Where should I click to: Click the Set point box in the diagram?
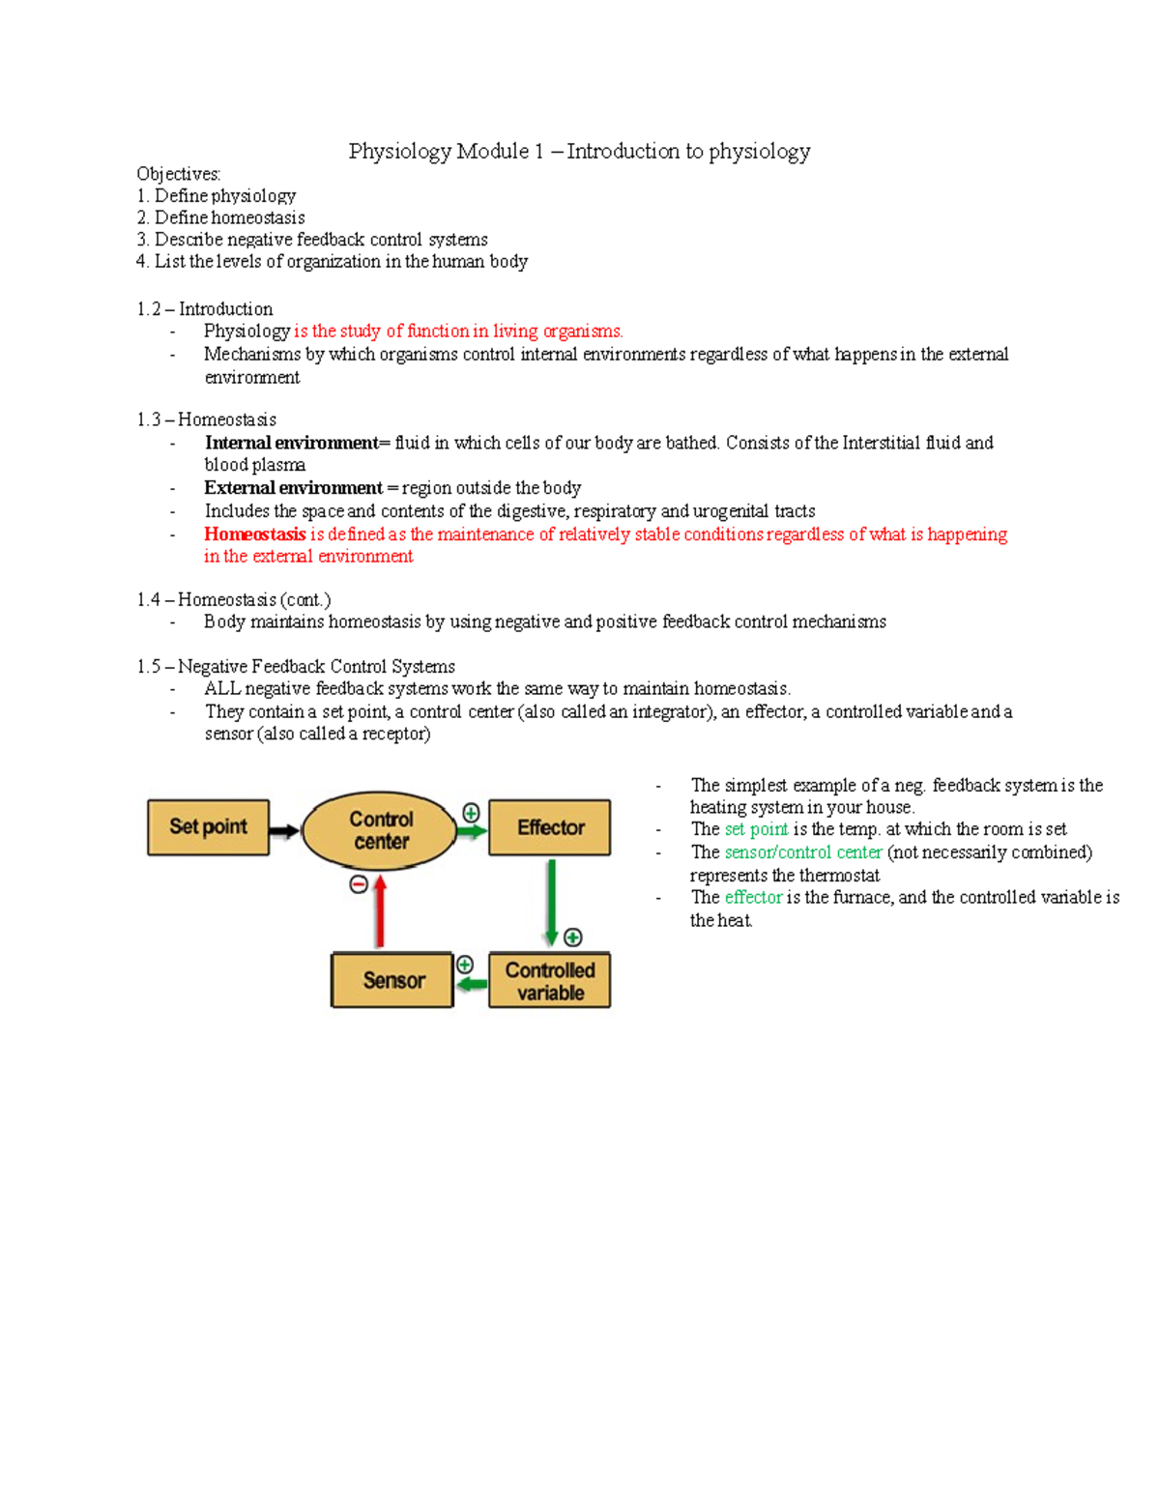(208, 827)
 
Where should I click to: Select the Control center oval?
(380, 830)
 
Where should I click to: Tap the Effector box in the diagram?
(549, 827)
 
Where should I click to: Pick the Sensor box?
(392, 980)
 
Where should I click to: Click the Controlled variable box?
(549, 981)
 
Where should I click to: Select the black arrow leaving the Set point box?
(284, 830)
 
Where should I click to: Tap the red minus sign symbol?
(359, 884)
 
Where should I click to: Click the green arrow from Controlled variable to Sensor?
(472, 984)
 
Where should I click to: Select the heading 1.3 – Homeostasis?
(206, 419)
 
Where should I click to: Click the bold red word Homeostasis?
(254, 534)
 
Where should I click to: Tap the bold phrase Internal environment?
(291, 443)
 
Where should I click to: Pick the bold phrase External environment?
(293, 488)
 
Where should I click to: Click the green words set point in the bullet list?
(756, 829)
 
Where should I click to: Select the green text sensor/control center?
(802, 852)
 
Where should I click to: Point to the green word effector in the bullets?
(753, 897)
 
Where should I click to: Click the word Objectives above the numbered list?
(178, 174)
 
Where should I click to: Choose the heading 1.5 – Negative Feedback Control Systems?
(296, 667)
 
